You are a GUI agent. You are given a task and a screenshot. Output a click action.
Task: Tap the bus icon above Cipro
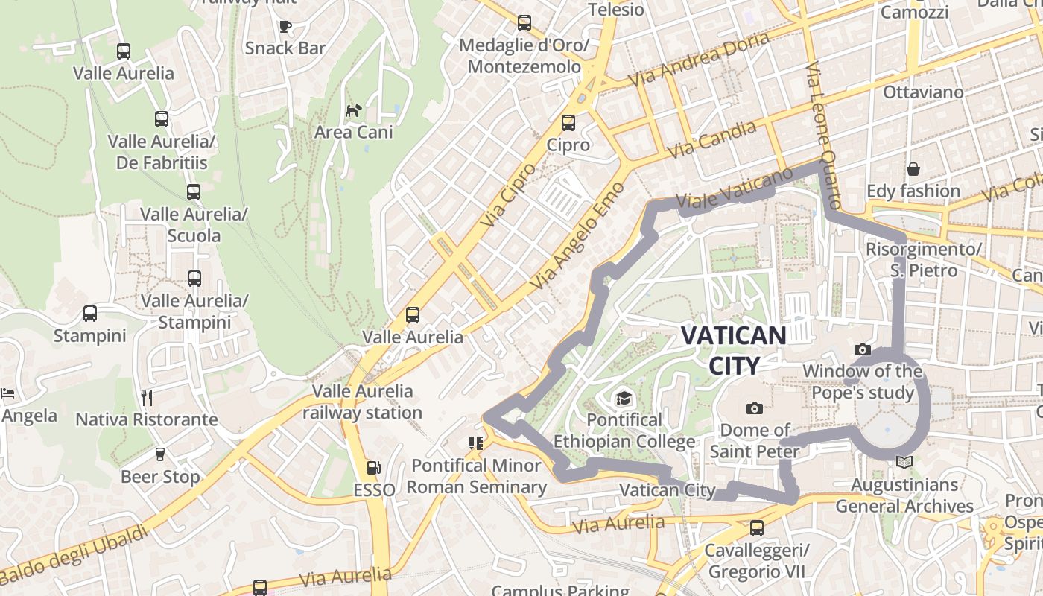[568, 123]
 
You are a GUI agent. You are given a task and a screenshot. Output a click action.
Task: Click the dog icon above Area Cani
[353, 111]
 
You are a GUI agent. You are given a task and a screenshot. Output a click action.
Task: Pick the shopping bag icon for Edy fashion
[913, 169]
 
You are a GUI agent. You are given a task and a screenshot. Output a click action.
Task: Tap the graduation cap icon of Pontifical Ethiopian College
[624, 399]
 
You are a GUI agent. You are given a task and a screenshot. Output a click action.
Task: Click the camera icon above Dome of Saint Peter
[755, 408]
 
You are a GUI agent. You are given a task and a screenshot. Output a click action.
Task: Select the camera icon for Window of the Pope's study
[862, 349]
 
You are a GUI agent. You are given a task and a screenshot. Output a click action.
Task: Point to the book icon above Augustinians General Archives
[904, 463]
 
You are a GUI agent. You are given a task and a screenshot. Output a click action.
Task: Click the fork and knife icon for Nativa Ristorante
[147, 397]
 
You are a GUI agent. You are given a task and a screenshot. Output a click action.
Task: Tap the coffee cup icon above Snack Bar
[285, 27]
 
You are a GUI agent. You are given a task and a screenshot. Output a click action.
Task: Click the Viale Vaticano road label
[735, 189]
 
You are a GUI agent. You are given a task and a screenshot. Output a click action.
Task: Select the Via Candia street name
[711, 140]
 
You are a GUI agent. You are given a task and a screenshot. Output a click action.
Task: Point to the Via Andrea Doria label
[698, 60]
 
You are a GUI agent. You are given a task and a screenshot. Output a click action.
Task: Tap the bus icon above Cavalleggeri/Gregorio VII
[757, 528]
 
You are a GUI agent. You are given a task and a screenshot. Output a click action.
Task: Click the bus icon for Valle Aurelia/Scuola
[194, 192]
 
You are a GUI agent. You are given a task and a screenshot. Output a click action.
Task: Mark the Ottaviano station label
[923, 92]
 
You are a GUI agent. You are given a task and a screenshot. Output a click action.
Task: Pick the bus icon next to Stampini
[90, 314]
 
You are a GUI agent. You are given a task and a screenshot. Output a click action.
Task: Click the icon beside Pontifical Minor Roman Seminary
[476, 443]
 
